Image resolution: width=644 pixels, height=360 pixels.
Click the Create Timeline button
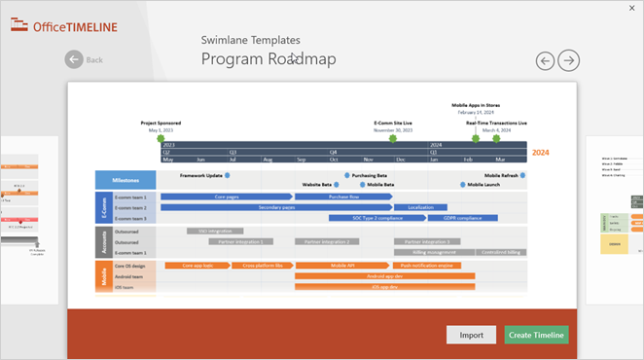click(536, 335)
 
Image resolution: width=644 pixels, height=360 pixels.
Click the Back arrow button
click(75, 59)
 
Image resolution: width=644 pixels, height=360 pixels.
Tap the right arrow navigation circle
click(569, 60)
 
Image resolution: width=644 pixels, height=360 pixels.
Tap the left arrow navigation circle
click(546, 60)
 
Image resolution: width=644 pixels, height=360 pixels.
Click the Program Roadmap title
click(268, 59)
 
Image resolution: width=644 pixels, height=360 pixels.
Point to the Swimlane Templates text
click(250, 40)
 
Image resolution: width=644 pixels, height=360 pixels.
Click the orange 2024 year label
click(540, 153)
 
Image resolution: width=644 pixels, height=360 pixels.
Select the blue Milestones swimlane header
click(125, 179)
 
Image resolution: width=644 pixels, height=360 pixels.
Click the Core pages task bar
click(227, 197)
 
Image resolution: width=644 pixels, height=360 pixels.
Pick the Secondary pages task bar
click(276, 207)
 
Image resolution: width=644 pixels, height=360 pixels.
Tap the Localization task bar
click(421, 207)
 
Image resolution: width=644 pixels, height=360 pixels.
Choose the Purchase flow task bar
click(343, 197)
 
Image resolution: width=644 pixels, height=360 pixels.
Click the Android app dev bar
click(384, 276)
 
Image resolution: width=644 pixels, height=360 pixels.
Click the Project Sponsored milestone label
click(161, 124)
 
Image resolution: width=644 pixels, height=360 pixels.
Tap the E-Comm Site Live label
click(393, 124)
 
